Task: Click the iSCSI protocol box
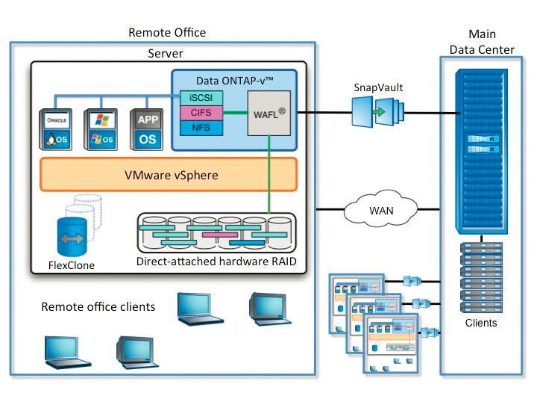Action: click(x=201, y=97)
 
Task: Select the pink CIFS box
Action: click(x=201, y=113)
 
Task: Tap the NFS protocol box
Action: click(x=201, y=128)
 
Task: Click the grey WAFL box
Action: click(x=268, y=113)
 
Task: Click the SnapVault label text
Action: click(x=378, y=87)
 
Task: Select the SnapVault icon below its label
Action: click(x=379, y=114)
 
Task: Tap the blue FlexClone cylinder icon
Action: click(x=74, y=237)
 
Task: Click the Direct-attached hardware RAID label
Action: click(x=216, y=262)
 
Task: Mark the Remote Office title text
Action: click(x=167, y=32)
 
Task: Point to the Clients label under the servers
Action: click(x=481, y=323)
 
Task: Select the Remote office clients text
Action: click(x=98, y=306)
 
